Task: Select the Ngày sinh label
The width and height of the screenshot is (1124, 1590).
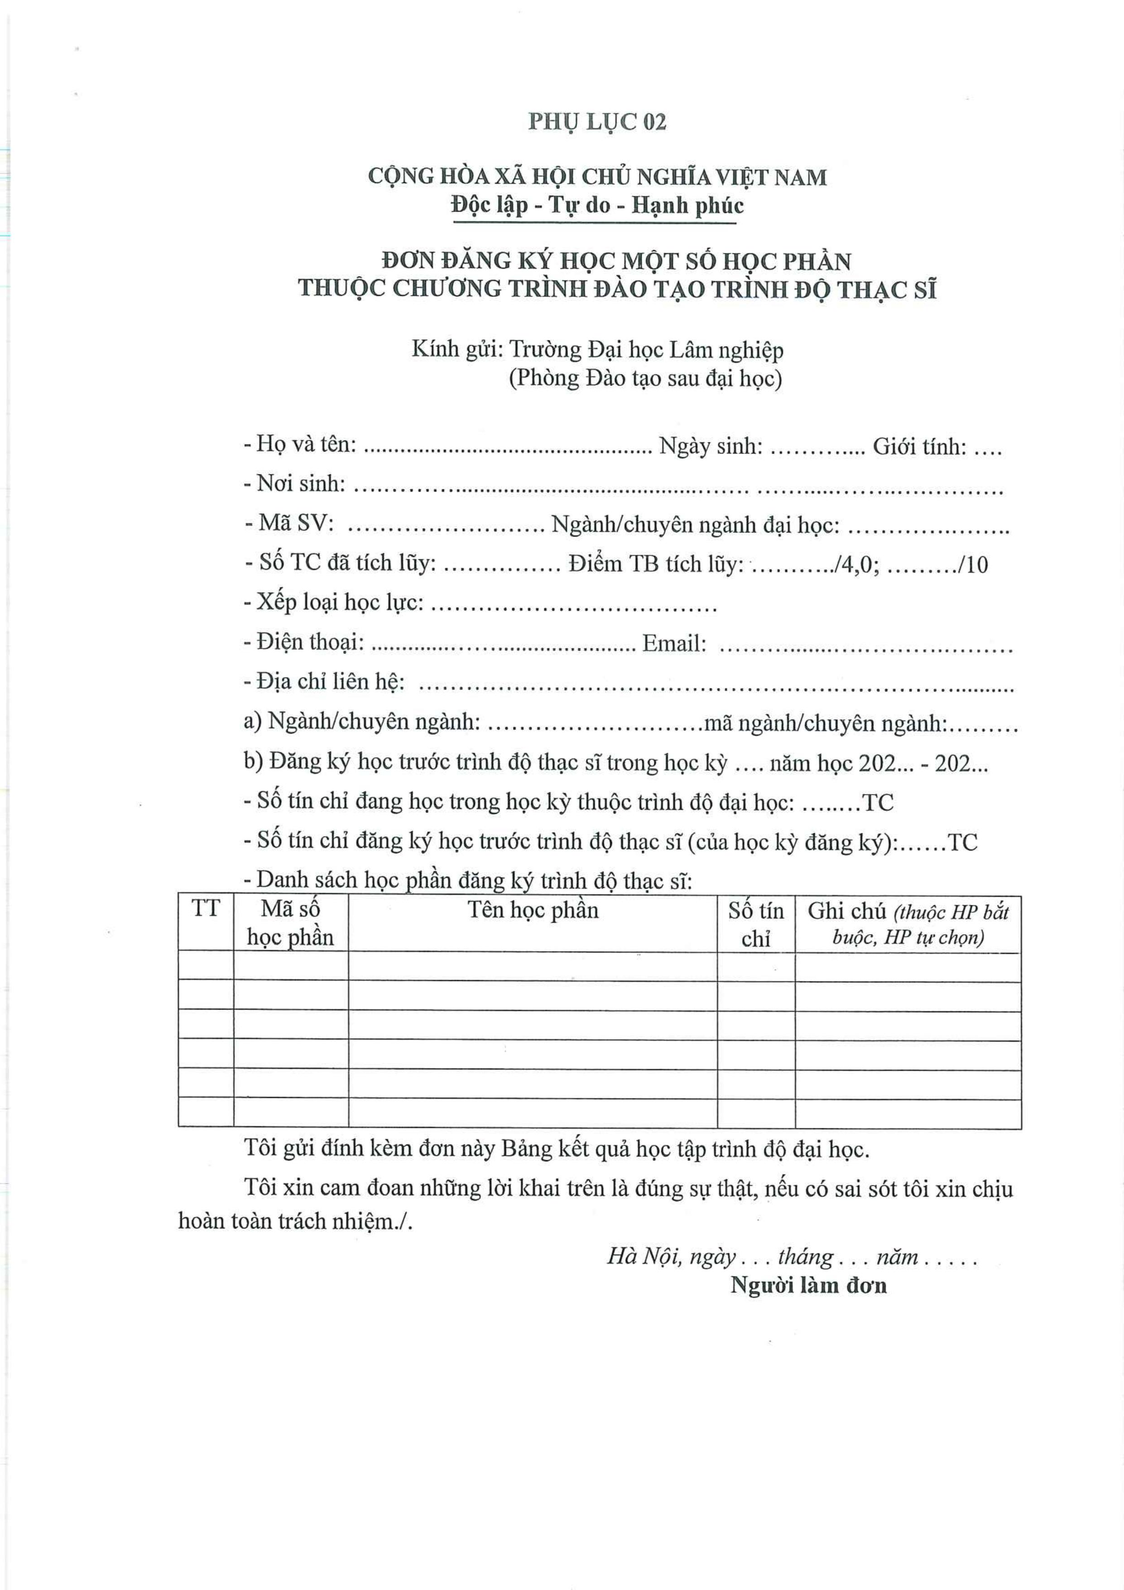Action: [x=710, y=447]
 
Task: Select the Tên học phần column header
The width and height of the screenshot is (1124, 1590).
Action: [x=532, y=910]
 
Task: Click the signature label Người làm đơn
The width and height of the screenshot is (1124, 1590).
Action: [x=808, y=1286]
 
